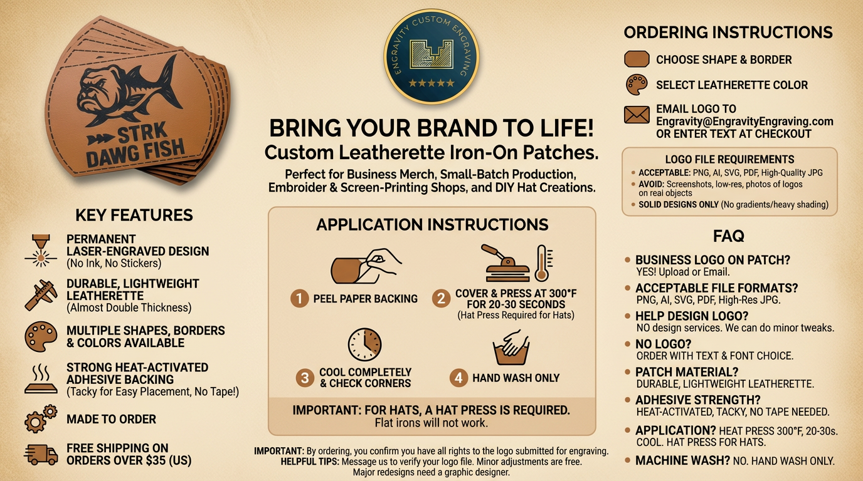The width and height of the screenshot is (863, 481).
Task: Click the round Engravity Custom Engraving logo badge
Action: [x=431, y=56]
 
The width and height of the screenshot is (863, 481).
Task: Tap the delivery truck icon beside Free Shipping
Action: [x=41, y=454]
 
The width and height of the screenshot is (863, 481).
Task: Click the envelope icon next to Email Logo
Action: [x=637, y=115]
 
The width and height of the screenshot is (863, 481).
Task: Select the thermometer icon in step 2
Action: [x=541, y=263]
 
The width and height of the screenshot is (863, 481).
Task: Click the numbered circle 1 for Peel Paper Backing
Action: [x=299, y=299]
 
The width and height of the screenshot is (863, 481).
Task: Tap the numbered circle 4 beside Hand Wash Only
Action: [x=458, y=378]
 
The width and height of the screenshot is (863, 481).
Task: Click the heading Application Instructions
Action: [x=431, y=224]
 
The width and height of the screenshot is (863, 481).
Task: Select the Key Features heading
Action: [x=134, y=215]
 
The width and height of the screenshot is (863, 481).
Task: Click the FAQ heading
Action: [x=728, y=236]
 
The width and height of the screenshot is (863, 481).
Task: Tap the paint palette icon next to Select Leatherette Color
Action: [x=637, y=85]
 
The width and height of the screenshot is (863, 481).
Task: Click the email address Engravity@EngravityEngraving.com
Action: [x=744, y=122]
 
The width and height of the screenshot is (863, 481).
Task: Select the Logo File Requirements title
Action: [x=729, y=160]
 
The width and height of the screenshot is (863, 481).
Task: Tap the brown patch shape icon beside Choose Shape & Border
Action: [x=637, y=59]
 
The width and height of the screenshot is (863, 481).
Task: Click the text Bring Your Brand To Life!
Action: [x=431, y=128]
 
